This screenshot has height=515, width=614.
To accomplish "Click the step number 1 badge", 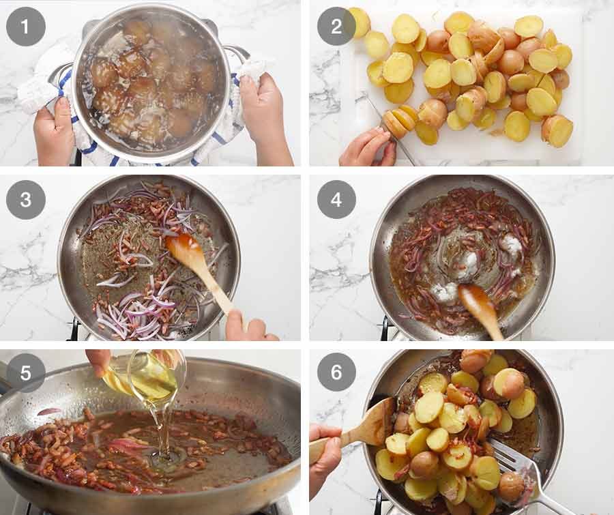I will coord(26,27).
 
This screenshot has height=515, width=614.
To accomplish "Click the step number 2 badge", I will coord(336,27).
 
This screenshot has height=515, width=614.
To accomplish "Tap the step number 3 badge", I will coord(26,200).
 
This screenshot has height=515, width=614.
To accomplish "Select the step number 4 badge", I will coord(336,200).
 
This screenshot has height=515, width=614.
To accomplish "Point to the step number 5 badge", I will coord(26,373).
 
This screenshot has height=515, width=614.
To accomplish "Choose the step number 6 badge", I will coord(336,373).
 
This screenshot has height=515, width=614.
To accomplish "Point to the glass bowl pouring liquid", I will coord(153,375).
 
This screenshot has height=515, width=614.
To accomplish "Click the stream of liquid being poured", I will coord(162,430).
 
